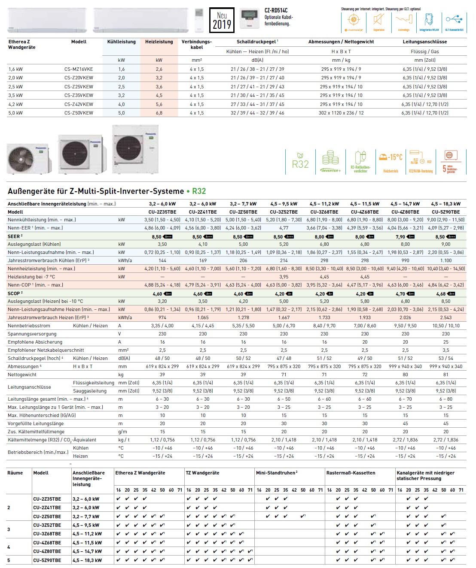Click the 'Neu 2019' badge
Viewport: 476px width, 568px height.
pos(222,20)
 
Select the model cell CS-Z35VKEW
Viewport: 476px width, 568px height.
pos(79,95)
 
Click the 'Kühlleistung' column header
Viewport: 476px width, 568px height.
pos(121,42)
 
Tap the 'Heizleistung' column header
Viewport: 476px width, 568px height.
pos(159,42)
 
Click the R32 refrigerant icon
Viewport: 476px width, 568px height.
pos(300,161)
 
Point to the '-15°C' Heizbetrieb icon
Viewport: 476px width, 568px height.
pos(391,161)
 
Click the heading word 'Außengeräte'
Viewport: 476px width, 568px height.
pos(32,191)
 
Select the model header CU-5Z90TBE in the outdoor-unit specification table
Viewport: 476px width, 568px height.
pos(445,212)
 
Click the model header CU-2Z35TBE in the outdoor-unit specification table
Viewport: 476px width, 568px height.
pos(162,212)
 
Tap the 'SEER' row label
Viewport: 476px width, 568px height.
pos(14,236)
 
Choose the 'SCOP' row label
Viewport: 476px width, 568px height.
pos(14,293)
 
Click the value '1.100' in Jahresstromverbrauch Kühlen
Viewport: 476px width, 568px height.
pos(445,260)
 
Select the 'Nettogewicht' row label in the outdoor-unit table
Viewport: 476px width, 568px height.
pos(22,375)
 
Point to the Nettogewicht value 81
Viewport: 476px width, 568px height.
pos(445,375)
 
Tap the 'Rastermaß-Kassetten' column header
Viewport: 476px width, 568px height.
pos(351,473)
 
